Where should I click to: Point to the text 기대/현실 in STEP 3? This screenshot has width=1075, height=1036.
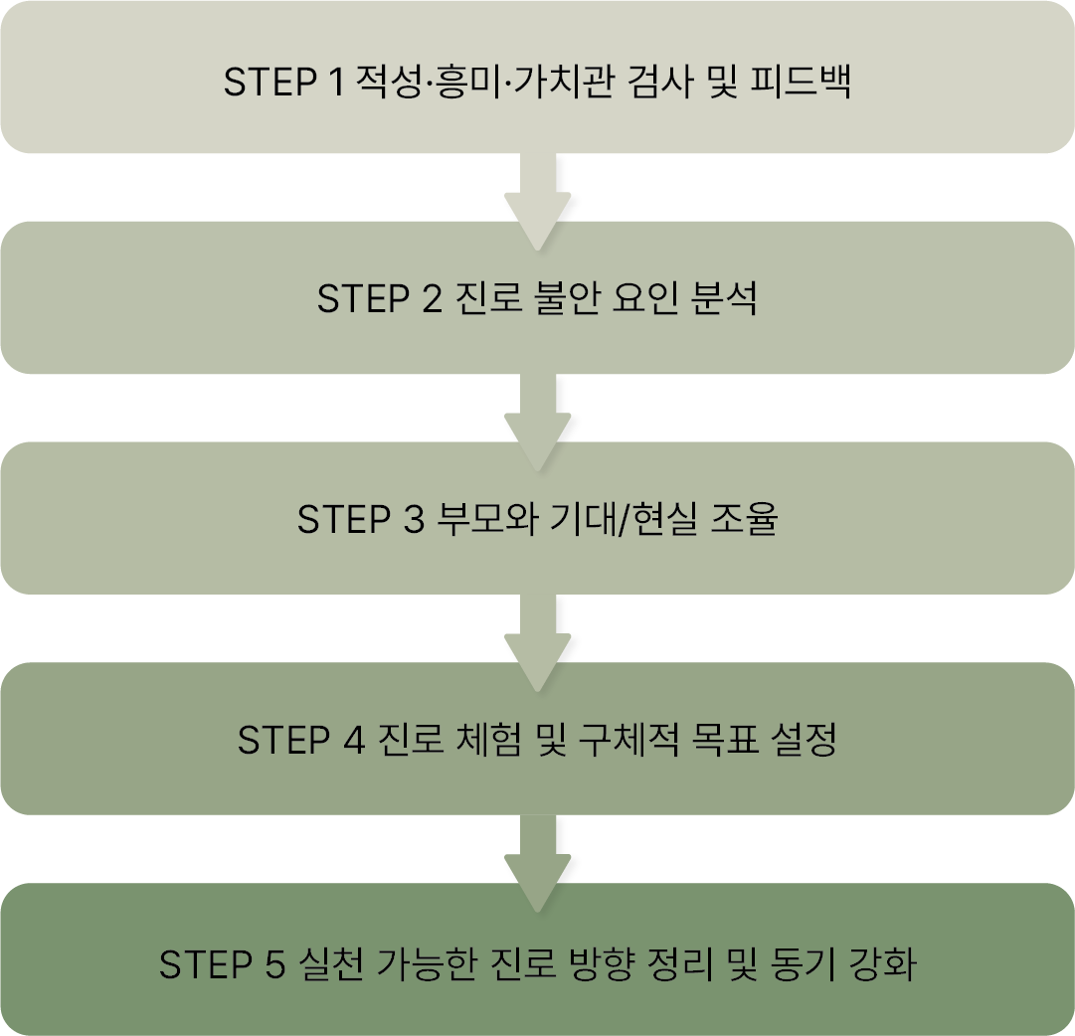pos(623,520)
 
